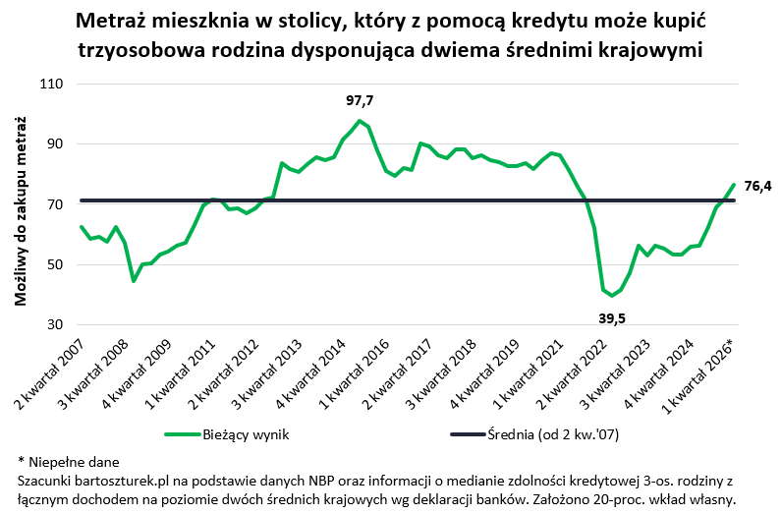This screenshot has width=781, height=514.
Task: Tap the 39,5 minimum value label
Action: [613, 317]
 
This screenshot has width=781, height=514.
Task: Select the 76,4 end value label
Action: [757, 185]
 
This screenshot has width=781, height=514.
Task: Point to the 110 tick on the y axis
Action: [50, 85]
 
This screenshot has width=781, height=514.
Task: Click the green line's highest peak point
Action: [360, 121]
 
